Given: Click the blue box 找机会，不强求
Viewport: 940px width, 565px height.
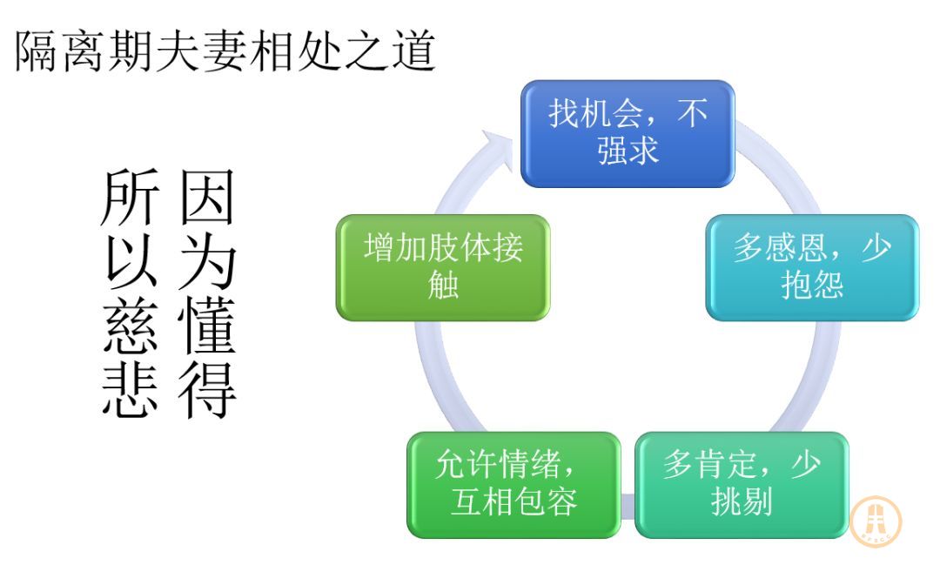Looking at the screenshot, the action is (x=628, y=133).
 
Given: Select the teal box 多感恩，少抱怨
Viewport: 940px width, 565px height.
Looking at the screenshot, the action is (x=812, y=267).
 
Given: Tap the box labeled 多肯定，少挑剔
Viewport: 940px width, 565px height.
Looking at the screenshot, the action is (x=742, y=485).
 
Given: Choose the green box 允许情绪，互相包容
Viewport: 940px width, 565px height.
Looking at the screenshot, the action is (x=514, y=485).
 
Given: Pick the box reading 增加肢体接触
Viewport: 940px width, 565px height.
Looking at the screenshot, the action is (x=443, y=267).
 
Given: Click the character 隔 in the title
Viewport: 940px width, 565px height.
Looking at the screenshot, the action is (x=37, y=51).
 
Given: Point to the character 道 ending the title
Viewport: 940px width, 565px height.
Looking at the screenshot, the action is (x=414, y=51).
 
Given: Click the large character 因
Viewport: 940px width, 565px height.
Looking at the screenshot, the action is (x=207, y=196).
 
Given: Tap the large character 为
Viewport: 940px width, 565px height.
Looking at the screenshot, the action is (x=207, y=261).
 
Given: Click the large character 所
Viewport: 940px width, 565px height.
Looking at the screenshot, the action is (x=130, y=196).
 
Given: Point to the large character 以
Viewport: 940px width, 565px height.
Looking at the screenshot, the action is (x=130, y=261).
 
